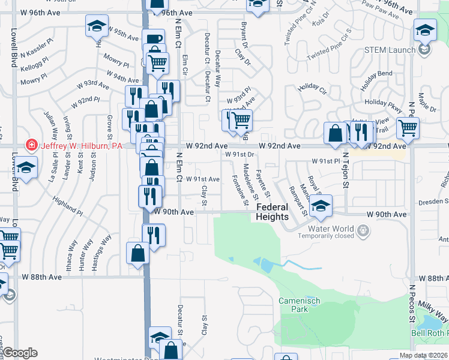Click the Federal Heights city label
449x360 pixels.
(273, 212)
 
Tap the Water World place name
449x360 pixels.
(331, 229)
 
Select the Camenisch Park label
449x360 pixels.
(293, 304)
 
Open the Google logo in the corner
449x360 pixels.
(20, 353)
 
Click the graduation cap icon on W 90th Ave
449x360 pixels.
(321, 206)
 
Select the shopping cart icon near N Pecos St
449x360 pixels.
(408, 128)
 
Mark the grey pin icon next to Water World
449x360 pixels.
(363, 229)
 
